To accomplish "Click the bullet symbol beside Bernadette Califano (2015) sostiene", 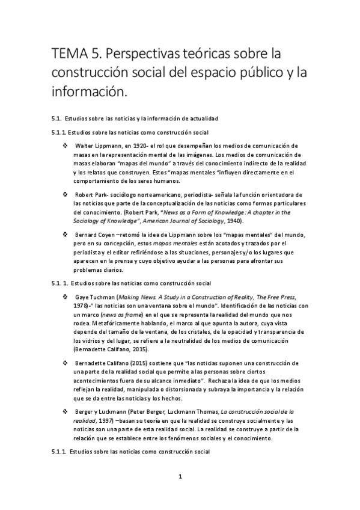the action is point(65,364).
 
